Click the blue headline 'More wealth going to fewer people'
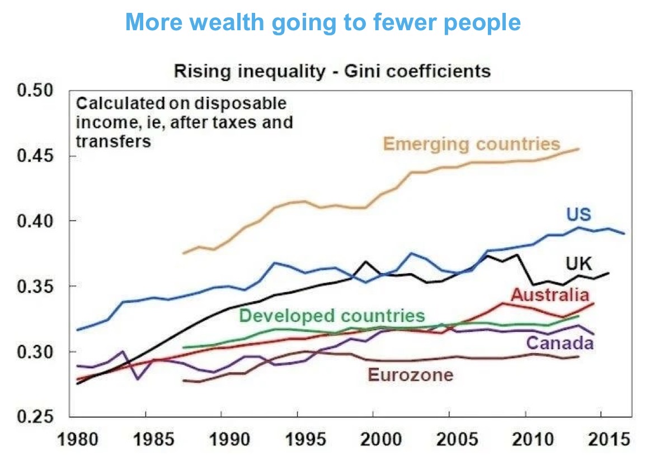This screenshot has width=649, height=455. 323,22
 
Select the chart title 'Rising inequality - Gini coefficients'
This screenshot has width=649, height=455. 332,71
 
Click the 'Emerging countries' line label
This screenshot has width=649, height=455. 471,144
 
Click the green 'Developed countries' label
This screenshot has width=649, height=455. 332,315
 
